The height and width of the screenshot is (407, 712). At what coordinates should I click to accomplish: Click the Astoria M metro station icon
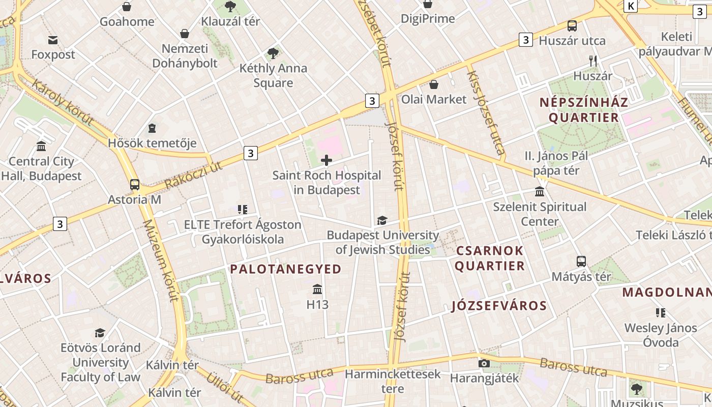[135, 184]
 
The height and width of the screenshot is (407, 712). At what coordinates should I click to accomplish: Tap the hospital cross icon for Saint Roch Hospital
[327, 161]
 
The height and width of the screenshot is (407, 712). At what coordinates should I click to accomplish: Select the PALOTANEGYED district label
[286, 269]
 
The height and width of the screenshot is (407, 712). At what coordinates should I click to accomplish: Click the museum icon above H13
[317, 289]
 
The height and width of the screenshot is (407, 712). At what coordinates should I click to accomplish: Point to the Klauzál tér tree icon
[230, 7]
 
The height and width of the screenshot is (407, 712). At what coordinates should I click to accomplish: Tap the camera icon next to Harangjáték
[484, 363]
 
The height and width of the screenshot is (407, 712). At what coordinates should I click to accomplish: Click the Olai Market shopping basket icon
[434, 84]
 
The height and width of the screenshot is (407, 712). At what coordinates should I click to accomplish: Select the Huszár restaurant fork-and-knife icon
[592, 61]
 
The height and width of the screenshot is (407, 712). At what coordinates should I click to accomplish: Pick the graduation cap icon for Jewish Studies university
[382, 220]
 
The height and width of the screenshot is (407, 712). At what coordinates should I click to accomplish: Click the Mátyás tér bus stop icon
[581, 261]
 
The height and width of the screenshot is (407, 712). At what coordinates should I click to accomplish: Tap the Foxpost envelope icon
[53, 40]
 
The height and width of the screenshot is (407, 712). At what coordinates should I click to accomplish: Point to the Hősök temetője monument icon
[152, 128]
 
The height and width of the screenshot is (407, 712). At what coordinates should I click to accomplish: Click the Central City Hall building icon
[41, 147]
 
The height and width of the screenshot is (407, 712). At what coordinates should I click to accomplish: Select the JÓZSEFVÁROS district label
[499, 306]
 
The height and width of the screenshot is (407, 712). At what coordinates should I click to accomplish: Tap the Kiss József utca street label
[485, 112]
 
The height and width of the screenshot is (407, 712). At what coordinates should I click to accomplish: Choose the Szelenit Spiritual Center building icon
[540, 192]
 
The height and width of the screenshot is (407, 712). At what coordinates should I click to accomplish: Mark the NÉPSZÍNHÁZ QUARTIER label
[584, 110]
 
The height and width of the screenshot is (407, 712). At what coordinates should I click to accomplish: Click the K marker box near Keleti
[631, 6]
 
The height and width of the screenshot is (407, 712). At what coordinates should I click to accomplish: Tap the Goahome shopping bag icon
[127, 7]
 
